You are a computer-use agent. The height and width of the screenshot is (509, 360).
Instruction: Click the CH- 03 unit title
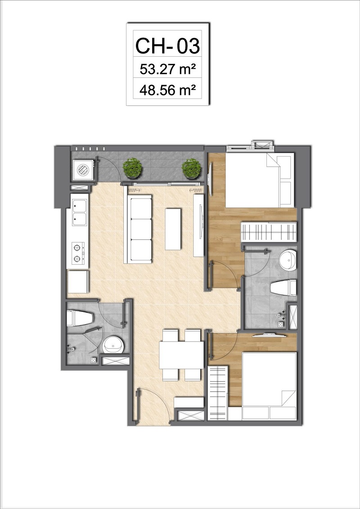[167, 46]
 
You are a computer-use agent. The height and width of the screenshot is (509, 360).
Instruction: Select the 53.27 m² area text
[167, 69]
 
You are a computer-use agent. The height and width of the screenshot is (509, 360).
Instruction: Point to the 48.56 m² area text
[167, 90]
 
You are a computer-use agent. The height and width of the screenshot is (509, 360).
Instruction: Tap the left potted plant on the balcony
[132, 168]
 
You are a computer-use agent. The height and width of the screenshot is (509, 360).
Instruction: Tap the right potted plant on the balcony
[192, 168]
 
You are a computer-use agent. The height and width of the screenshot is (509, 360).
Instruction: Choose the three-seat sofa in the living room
[138, 229]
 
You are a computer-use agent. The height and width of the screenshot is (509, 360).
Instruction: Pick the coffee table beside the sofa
[173, 229]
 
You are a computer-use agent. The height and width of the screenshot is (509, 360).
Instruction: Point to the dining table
[181, 355]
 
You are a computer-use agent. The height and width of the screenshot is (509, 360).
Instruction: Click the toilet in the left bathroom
[80, 318]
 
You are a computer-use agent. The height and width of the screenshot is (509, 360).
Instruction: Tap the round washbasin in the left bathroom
[113, 345]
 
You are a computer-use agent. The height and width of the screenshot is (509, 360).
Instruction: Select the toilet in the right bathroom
[283, 288]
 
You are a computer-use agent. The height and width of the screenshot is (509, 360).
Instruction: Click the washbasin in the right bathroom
[288, 260]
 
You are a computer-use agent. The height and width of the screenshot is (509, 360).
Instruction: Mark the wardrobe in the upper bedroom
[269, 232]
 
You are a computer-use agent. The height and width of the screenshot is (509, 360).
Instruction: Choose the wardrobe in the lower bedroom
[218, 393]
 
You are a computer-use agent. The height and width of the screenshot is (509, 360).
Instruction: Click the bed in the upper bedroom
[260, 180]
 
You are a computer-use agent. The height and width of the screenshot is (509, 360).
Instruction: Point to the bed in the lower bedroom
[269, 386]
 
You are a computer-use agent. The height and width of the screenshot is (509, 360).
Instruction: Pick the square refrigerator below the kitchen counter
[78, 281]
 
